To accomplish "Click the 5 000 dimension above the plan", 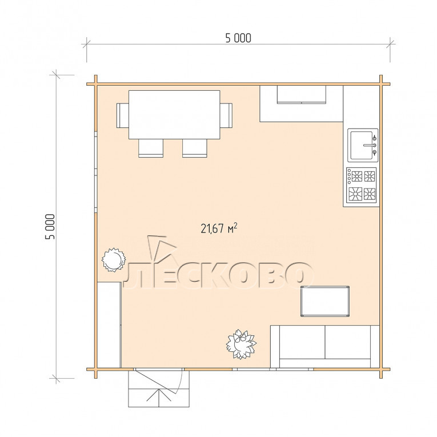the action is (x=238, y=38).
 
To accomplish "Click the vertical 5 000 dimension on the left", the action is (x=50, y=227).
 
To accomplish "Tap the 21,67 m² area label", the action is (x=219, y=228).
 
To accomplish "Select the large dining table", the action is (x=174, y=115).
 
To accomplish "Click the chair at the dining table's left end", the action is (x=122, y=115).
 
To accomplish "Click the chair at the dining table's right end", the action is (x=226, y=115).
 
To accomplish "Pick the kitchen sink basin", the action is (x=362, y=145).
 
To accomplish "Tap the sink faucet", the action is (x=371, y=145).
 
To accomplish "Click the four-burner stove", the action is (x=362, y=185).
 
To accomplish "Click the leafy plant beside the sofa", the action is (x=241, y=344).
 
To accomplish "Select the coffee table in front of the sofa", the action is (x=325, y=301).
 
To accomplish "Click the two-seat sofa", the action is (x=325, y=346).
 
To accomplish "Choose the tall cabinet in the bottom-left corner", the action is (x=109, y=325).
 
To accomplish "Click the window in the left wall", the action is (x=95, y=172).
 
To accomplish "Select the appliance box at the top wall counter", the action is (x=302, y=94).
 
